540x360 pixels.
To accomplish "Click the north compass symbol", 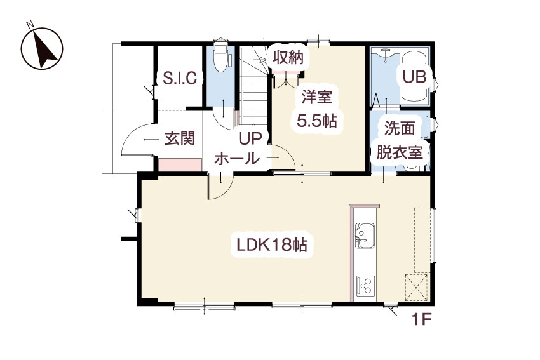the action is (42, 48).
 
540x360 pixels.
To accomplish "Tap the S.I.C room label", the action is (180, 78).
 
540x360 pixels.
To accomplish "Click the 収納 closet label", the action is (288, 58).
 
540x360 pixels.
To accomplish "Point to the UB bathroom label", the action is (414, 77).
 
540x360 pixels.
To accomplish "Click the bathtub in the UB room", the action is (414, 77).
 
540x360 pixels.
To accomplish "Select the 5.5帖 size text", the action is (317, 121).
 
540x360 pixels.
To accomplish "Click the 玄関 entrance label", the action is (180, 138).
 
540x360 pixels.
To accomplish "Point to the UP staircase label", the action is (250, 138).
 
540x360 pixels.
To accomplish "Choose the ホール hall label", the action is (238, 159).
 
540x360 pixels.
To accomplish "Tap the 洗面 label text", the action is (400, 128).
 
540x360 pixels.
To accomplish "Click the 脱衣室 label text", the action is (400, 152).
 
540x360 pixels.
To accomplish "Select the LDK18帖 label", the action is (272, 245).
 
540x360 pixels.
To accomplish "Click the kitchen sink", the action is (365, 236).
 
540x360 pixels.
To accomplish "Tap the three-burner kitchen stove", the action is (365, 286).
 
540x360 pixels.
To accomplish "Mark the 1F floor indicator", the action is (422, 320).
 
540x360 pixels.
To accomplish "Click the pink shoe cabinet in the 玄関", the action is (180, 165).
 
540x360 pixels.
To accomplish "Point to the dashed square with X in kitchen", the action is (417, 288).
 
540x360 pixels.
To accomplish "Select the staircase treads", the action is (254, 87).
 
